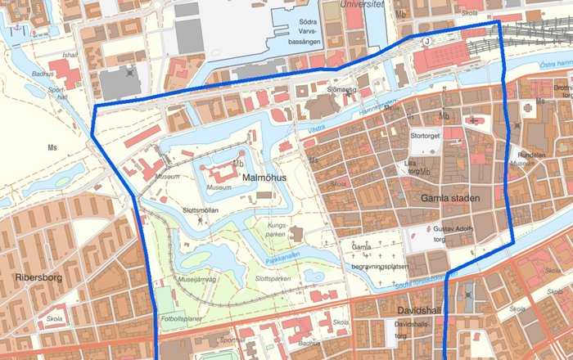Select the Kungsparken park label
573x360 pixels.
[281, 227]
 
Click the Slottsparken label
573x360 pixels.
[273, 279]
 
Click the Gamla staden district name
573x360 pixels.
[449, 198]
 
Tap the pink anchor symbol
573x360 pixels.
[15, 29]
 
